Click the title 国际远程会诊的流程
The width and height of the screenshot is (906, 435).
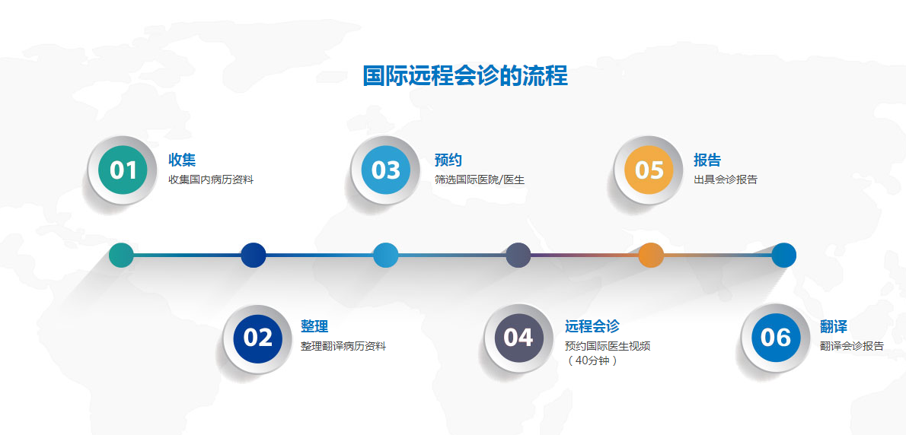click(x=465, y=76)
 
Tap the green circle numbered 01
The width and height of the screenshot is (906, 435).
click(x=123, y=170)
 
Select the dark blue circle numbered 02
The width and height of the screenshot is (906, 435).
click(x=257, y=338)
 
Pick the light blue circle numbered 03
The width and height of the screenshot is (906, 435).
click(x=386, y=170)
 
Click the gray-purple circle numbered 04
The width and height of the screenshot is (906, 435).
click(x=518, y=338)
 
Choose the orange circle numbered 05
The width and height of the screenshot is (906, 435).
click(x=649, y=170)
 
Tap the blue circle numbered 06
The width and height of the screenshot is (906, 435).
click(x=775, y=338)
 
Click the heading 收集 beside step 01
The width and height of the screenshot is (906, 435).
click(x=182, y=160)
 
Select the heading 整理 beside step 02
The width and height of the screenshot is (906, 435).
click(x=314, y=326)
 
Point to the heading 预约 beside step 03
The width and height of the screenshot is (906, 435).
click(x=448, y=160)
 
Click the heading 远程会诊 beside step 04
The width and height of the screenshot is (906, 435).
click(x=592, y=326)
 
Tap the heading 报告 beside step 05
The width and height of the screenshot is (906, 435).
click(x=707, y=160)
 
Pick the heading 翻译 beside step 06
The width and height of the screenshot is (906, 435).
click(x=834, y=326)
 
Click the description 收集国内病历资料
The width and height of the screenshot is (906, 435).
click(x=211, y=179)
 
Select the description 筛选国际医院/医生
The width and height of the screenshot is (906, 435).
click(x=480, y=179)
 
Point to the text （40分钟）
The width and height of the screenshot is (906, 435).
click(x=592, y=361)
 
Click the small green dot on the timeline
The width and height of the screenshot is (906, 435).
click(x=121, y=255)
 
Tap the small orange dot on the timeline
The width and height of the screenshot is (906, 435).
click(x=651, y=255)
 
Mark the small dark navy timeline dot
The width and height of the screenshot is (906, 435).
click(x=253, y=255)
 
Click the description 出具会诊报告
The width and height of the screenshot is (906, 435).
click(x=725, y=179)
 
